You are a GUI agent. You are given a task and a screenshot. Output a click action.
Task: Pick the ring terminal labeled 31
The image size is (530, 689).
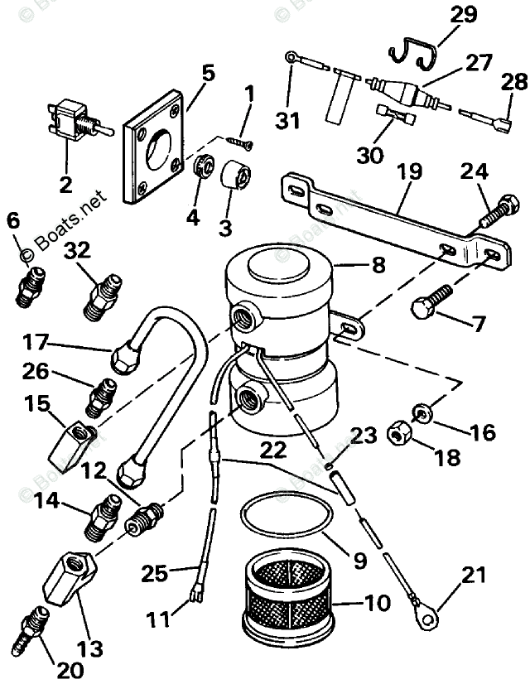[291, 57]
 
